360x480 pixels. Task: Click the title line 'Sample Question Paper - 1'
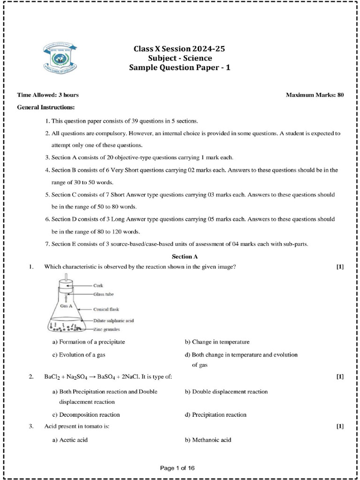pyautogui.click(x=180, y=67)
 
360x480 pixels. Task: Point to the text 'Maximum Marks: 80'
pyautogui.click(x=315, y=95)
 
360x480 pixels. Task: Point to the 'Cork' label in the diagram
pyautogui.click(x=98, y=285)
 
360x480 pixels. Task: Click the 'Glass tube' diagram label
pyautogui.click(x=104, y=294)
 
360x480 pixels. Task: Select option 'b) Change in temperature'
pyautogui.click(x=217, y=342)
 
